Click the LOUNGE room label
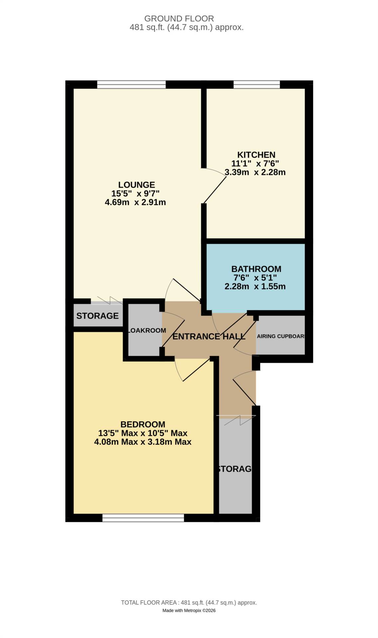pos(137,185)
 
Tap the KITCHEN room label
pos(256,155)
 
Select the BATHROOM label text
pos(256,269)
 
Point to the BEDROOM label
pos(142,424)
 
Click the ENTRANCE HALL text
pos(209,336)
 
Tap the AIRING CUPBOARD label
pos(281,336)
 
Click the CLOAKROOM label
pos(146,330)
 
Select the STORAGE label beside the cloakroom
pos(97,316)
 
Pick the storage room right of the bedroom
pos(235,469)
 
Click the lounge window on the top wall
pos(131,84)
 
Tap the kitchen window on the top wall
pos(256,84)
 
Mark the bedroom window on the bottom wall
pos(143,518)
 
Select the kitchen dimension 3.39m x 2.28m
pos(255,172)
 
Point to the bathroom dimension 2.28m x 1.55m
pos(255,286)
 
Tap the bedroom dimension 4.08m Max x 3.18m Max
pos(142,442)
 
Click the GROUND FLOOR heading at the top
pos(179,19)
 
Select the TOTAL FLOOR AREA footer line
pos(189,602)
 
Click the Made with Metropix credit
pos(189,610)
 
